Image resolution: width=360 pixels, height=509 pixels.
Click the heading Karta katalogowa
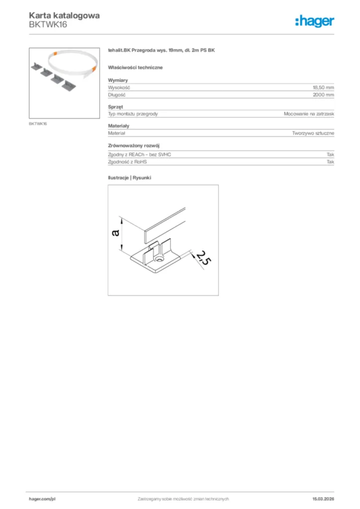coord(64,15)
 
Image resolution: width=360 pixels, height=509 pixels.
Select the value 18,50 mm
coord(323,87)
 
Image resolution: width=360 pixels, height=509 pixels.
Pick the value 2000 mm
coord(324,94)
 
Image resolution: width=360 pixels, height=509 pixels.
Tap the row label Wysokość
coord(119,87)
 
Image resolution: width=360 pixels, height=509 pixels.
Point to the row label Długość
coord(117,94)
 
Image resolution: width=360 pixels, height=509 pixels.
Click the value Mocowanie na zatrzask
coord(309,114)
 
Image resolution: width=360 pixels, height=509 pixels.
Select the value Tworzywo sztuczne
coord(313,133)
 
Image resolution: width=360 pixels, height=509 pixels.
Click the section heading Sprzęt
coord(115,107)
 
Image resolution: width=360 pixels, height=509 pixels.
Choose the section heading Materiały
coord(118,126)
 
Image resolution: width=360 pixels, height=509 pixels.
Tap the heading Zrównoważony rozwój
coord(133,146)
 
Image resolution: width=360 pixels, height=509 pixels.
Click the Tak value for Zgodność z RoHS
coord(330,162)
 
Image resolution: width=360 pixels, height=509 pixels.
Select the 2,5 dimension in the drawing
coord(201,258)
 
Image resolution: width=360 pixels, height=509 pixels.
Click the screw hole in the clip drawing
coord(160,259)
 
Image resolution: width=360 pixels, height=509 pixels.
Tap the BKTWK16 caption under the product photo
coord(38,124)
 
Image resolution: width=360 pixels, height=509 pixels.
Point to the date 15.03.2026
coord(323,499)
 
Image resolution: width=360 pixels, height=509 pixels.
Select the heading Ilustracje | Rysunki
coord(129,177)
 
